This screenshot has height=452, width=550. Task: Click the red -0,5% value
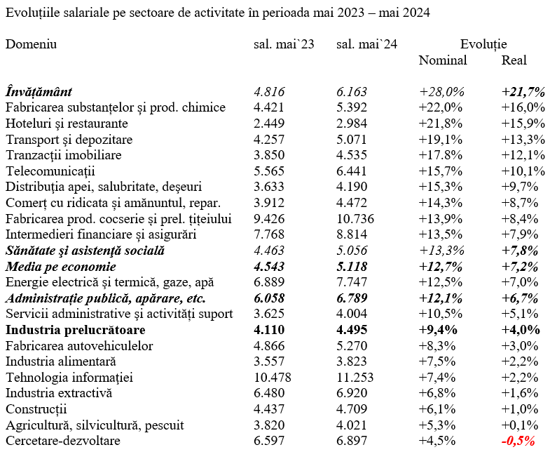(518, 441)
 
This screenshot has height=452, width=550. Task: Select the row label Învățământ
(39, 92)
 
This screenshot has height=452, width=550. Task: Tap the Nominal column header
(443, 60)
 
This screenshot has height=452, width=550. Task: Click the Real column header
(514, 60)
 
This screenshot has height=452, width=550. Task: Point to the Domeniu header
(31, 44)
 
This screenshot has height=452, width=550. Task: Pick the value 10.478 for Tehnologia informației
(273, 378)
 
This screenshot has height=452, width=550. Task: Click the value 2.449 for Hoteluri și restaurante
(268, 124)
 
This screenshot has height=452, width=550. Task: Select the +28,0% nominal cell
(441, 92)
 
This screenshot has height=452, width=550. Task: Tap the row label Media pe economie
(61, 267)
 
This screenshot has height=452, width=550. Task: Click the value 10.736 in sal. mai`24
(355, 219)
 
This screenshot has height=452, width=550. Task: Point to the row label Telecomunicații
(50, 171)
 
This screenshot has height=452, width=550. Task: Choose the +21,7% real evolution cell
(523, 92)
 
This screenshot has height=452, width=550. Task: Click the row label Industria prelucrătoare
(76, 330)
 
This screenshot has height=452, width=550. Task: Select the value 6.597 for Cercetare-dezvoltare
(268, 441)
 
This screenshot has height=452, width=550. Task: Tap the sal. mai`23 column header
(284, 44)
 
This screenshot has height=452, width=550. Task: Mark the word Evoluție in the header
(483, 44)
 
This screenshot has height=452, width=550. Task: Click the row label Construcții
(36, 409)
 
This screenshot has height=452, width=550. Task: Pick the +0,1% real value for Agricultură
(519, 425)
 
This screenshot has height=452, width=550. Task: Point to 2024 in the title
(415, 13)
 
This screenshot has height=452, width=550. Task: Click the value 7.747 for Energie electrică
(352, 282)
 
